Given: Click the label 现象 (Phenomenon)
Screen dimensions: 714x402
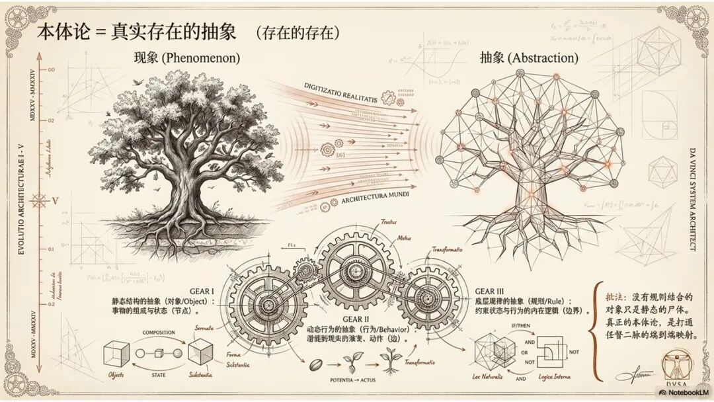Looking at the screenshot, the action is point(187,58).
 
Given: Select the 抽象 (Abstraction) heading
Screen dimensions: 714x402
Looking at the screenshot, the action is point(529,58).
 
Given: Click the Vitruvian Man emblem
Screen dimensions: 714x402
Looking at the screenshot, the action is point(677,365).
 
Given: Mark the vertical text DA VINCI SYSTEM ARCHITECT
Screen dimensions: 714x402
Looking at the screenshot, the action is point(692,198).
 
